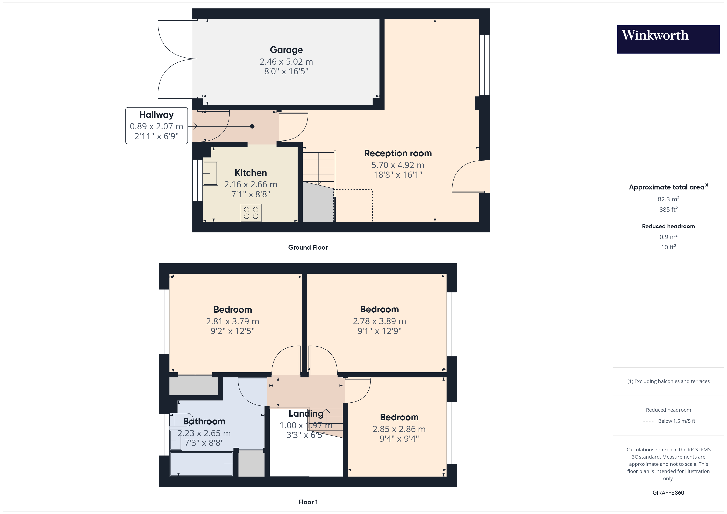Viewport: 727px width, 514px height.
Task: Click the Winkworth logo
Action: [x=668, y=39]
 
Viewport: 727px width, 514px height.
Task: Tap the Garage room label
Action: [x=286, y=50]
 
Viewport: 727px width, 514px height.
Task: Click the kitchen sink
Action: [x=210, y=173]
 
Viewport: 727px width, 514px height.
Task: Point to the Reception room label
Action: [x=398, y=153]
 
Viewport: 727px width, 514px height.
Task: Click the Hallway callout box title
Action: [x=156, y=114]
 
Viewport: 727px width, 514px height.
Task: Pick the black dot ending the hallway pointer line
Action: [x=252, y=126]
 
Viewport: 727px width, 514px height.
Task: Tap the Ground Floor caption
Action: [x=308, y=247]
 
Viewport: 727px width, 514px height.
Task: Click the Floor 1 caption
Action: [x=308, y=502]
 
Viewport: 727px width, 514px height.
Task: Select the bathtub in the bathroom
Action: [x=201, y=464]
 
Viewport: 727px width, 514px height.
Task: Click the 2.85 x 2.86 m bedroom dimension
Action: [x=399, y=429]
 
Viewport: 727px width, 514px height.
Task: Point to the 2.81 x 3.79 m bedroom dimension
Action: [x=232, y=321]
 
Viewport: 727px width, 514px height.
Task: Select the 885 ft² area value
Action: [x=668, y=209]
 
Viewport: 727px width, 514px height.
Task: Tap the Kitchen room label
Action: [x=251, y=173]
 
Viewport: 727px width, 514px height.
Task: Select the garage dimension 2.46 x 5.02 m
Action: [x=286, y=62]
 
